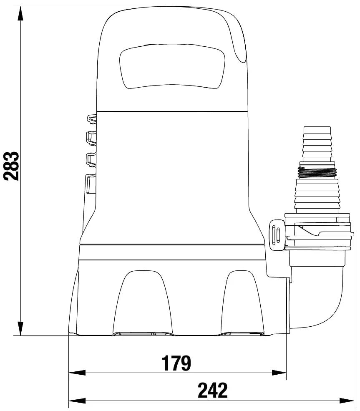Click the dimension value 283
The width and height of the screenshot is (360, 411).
pyautogui.click(x=12, y=166)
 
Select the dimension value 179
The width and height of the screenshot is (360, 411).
pyautogui.click(x=176, y=363)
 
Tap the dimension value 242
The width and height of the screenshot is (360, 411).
pyautogui.click(x=212, y=390)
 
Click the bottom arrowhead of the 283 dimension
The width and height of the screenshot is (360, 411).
pyautogui.click(x=20, y=328)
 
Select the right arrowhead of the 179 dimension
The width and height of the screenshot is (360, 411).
pyautogui.click(x=279, y=373)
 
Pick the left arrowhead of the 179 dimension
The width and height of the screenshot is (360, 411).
pyautogui.click(x=77, y=373)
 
